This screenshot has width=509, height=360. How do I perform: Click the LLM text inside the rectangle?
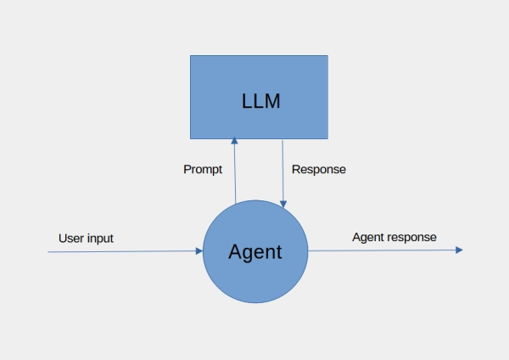click(x=259, y=102)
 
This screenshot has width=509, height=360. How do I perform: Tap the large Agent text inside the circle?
click(x=255, y=252)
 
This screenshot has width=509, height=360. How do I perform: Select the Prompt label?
click(x=203, y=169)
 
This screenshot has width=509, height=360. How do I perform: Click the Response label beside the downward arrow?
click(x=319, y=169)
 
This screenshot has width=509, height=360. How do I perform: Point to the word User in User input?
click(x=71, y=239)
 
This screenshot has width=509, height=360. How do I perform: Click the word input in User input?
click(x=99, y=239)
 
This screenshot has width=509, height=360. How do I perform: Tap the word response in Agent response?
click(x=413, y=237)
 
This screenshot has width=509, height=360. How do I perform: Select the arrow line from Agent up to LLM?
click(x=235, y=174)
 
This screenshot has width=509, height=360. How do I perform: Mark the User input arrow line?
click(x=119, y=251)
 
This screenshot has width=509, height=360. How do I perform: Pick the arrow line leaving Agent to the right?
click(x=382, y=250)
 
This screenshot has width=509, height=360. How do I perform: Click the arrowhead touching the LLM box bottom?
click(x=234, y=143)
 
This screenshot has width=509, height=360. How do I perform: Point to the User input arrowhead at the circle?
click(x=199, y=251)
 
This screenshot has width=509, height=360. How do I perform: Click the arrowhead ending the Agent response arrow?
click(x=459, y=250)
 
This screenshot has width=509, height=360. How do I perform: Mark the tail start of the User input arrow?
click(x=48, y=252)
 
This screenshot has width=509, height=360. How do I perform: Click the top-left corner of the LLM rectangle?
click(x=190, y=56)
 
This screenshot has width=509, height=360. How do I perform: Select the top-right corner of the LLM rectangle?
click(x=327, y=56)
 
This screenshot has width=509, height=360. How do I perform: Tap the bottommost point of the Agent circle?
click(x=255, y=304)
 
